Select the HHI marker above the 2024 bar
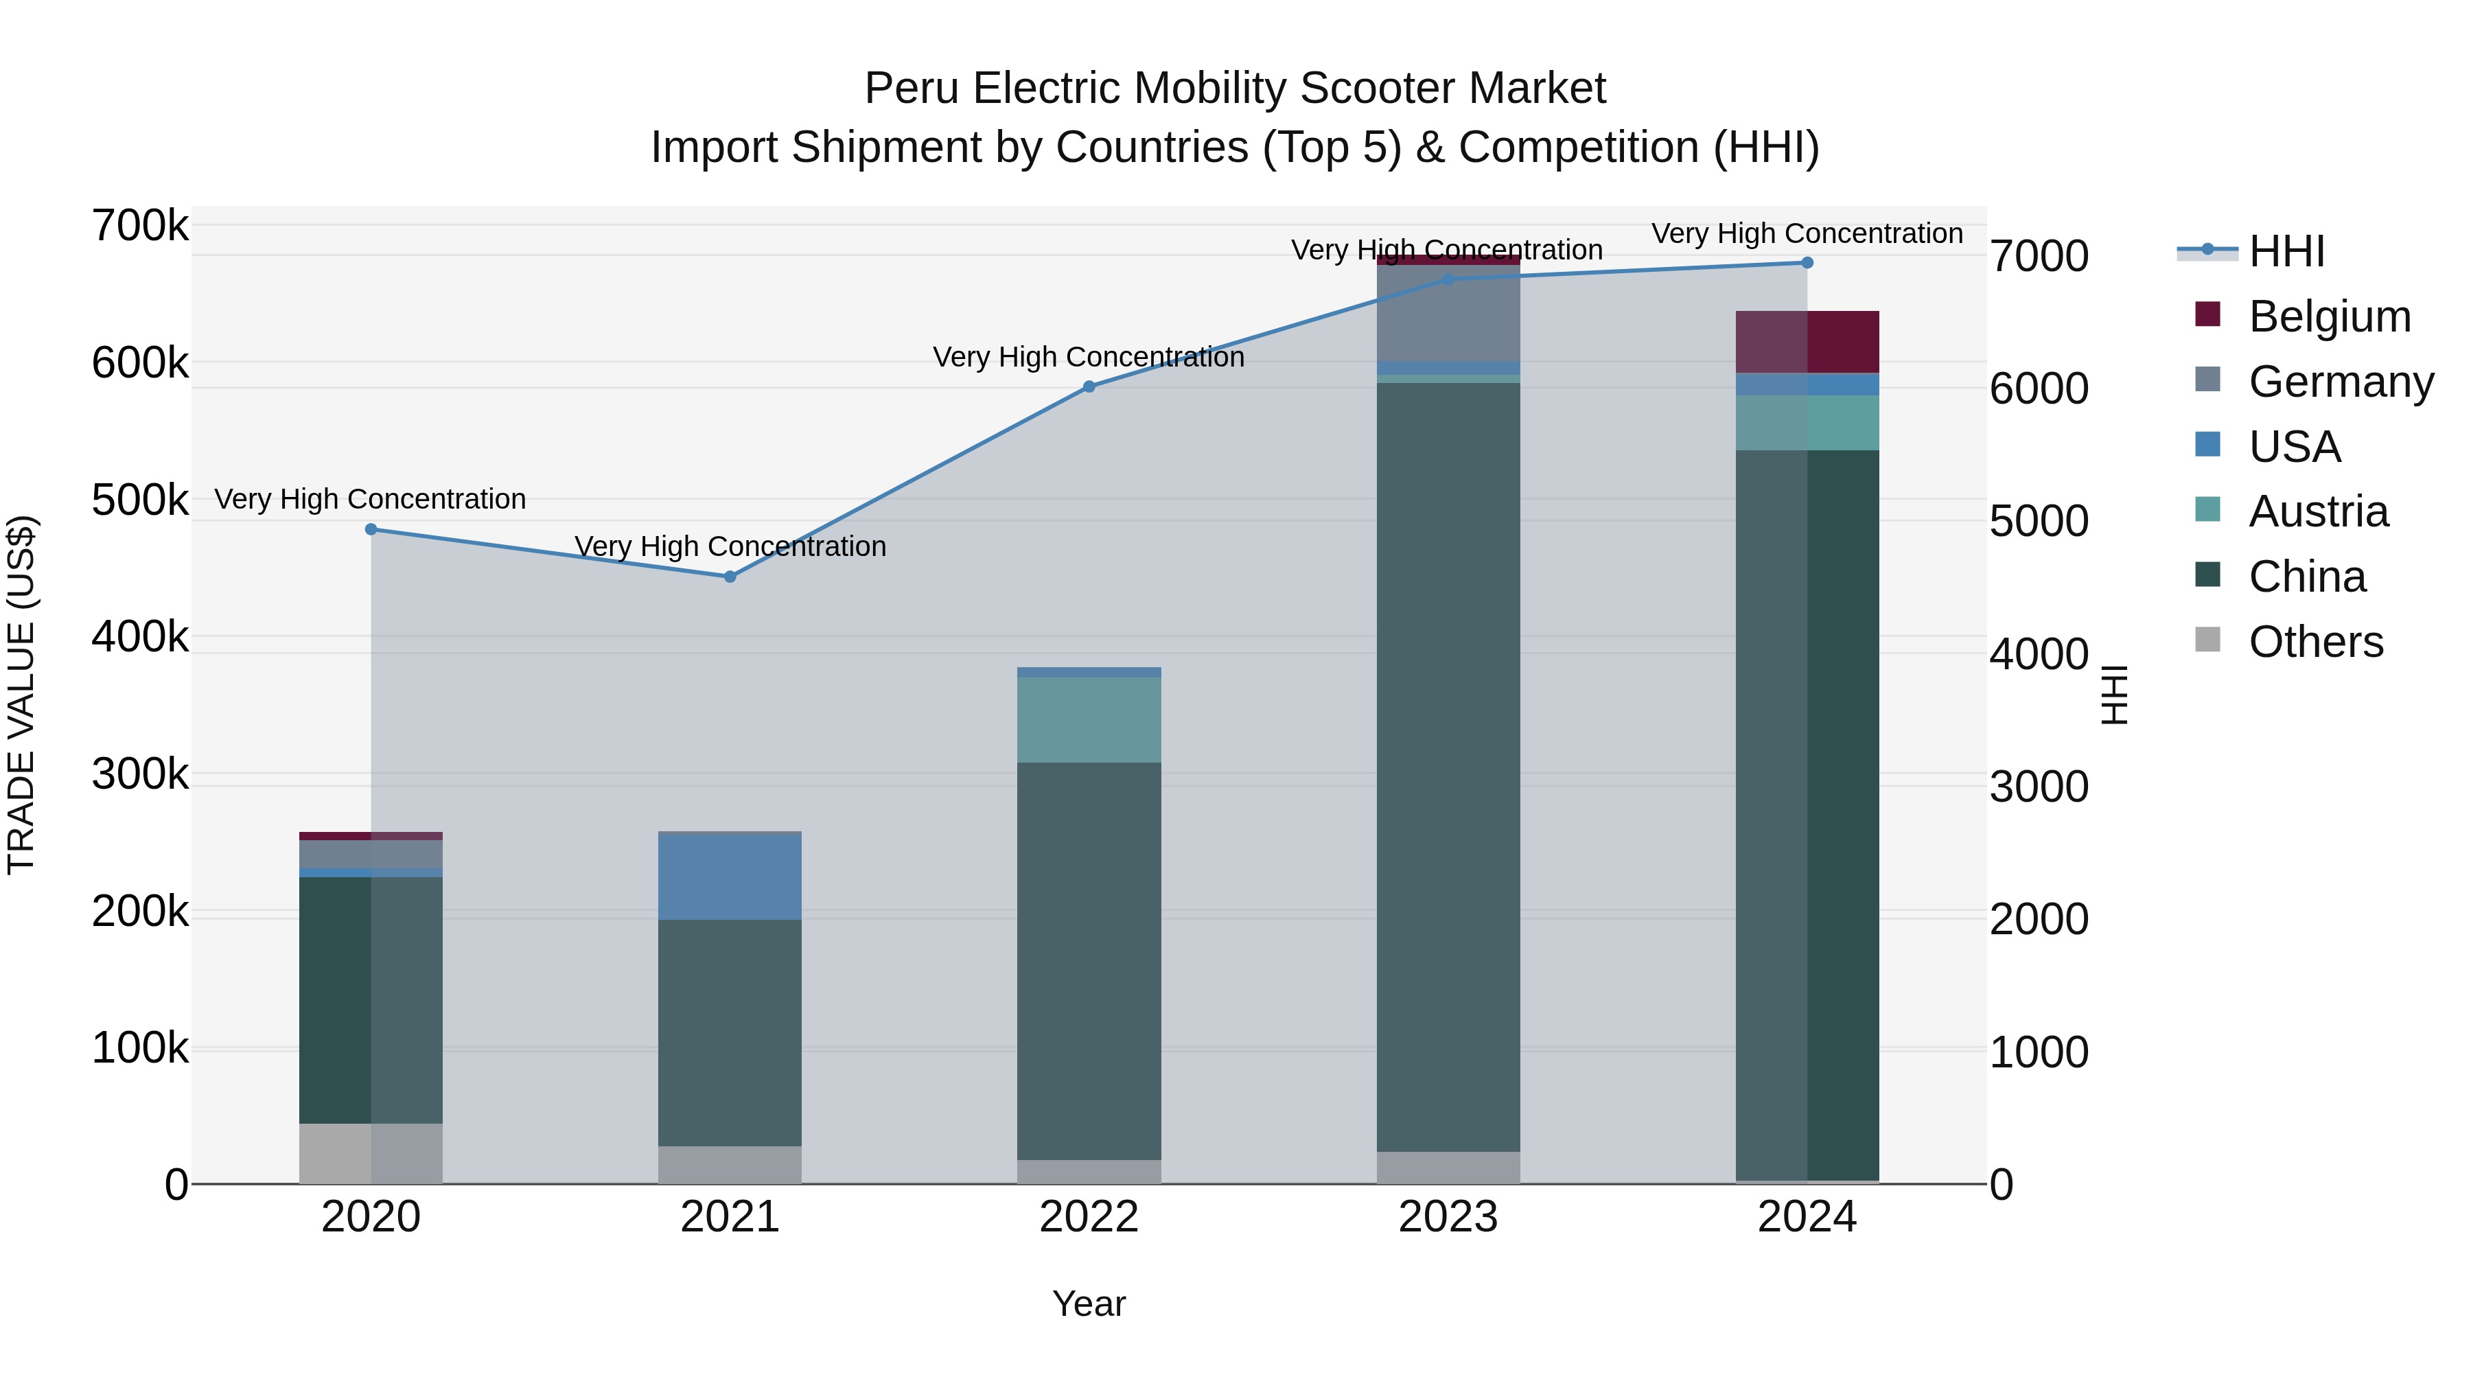pos(1807,263)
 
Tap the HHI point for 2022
pos(1089,386)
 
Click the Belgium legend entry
pos(2328,316)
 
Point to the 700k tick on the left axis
pos(140,227)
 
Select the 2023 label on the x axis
pos(1448,1217)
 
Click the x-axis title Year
pos(1089,1304)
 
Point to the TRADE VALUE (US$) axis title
pos(21,695)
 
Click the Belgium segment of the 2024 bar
pos(1807,342)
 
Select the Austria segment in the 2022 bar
pos(1089,719)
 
